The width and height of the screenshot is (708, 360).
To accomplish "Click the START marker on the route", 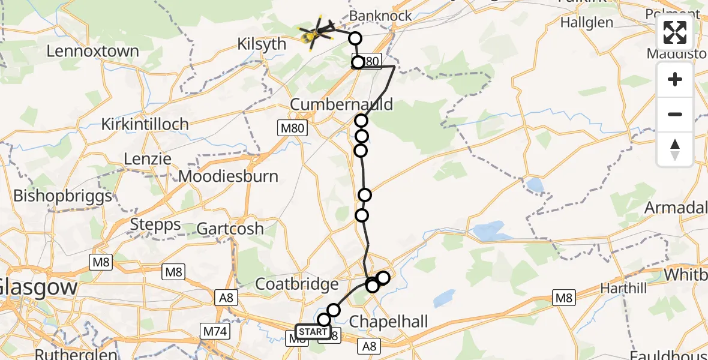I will tap(313, 332).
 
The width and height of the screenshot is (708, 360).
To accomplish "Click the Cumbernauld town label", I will tap(341, 104).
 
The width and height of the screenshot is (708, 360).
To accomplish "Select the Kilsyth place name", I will tap(263, 43).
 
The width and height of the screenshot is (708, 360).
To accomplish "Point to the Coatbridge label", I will tap(297, 283).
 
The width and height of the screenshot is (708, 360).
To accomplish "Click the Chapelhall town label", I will tap(389, 322).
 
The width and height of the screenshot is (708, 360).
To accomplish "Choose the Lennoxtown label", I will tap(92, 51).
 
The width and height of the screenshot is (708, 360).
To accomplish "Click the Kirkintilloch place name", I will tap(145, 124).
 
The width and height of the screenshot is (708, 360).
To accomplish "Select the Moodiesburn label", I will tap(229, 176).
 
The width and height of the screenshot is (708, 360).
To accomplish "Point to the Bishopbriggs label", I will tap(62, 196).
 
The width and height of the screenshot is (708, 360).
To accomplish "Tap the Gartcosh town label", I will tap(230, 228).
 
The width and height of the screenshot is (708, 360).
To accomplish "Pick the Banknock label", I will tap(380, 16).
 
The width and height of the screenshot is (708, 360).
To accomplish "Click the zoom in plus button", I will tap(675, 79).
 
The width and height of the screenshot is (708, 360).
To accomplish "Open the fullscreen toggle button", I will tap(675, 33).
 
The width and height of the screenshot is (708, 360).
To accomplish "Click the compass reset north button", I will tap(675, 149).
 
